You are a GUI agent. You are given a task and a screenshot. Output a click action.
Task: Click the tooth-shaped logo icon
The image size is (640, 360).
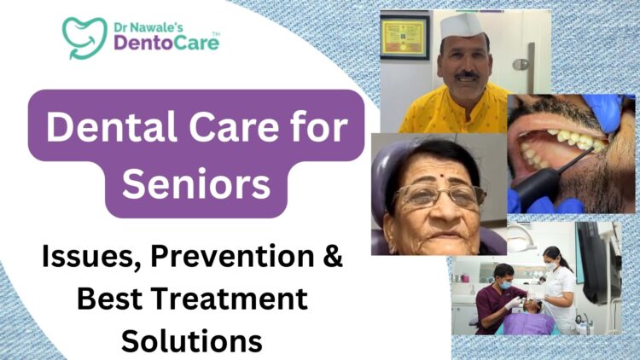[83, 36]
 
